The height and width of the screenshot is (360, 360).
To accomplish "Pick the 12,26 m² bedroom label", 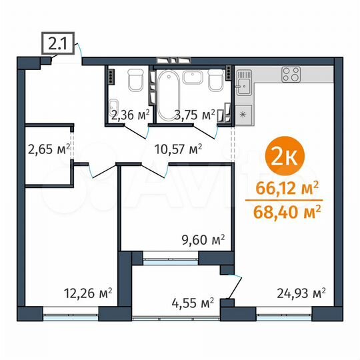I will click(x=87, y=293).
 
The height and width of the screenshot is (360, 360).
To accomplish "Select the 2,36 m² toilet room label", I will click(x=129, y=115).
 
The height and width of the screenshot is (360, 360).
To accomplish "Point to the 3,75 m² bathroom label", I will click(x=196, y=115).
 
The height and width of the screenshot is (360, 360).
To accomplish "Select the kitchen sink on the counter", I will click(x=243, y=83).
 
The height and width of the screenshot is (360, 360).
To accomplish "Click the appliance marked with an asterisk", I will click(x=243, y=114).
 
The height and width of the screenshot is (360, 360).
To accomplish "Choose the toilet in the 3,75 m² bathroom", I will click(x=215, y=80).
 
